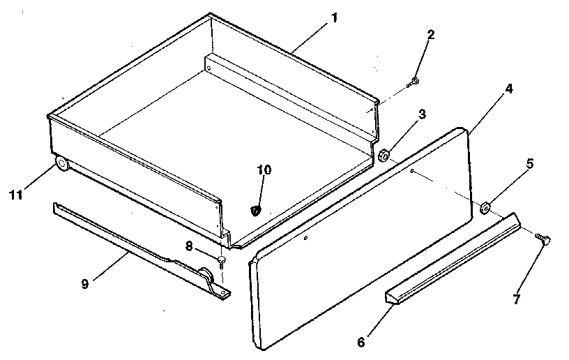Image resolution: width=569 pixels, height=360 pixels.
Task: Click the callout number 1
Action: pos(335,17)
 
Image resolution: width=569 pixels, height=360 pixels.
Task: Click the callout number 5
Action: pos(530,165)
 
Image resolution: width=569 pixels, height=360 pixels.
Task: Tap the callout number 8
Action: pos(188,245)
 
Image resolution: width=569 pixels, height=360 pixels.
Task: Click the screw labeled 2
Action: pos(415,82)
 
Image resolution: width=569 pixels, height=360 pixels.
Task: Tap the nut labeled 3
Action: pos(384,154)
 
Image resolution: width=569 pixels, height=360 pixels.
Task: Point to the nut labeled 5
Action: pos(486,206)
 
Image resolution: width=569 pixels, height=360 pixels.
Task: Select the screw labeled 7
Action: pos(545,239)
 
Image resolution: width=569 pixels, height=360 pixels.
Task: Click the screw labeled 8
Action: pos(222,261)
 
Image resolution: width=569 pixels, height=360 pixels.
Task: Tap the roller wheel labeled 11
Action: pos(61,165)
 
